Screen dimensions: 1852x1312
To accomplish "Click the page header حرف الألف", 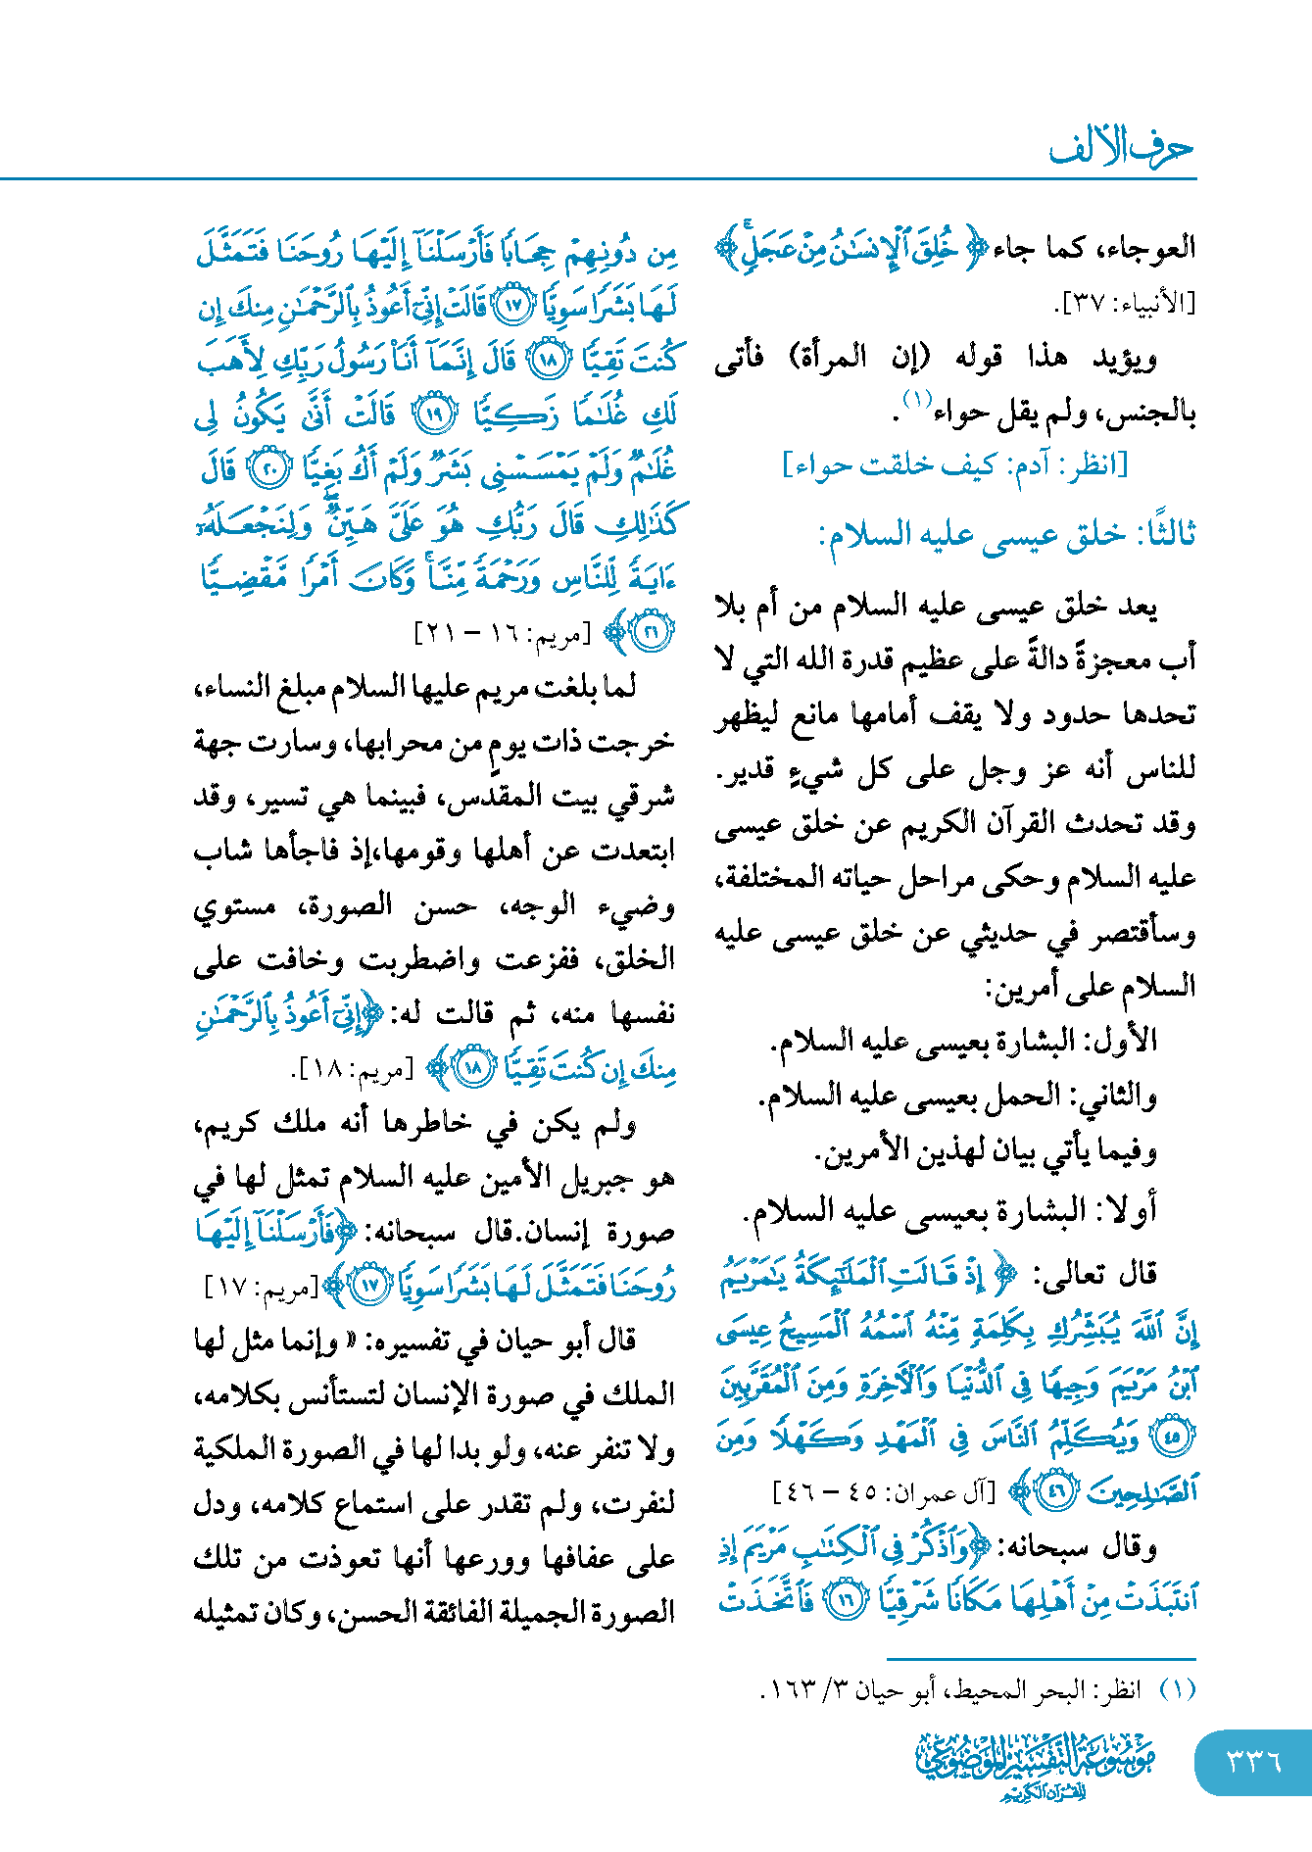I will (1121, 149).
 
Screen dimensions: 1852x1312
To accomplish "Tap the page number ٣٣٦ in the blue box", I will (1253, 1762).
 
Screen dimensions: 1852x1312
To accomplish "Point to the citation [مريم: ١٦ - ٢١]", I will (503, 633).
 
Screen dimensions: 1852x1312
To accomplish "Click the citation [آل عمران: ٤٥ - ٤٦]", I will (884, 1492).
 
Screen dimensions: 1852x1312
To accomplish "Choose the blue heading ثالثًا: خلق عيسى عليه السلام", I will (1007, 534).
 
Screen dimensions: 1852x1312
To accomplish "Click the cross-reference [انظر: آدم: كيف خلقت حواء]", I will (955, 464).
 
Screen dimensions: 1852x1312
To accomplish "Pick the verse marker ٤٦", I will (1056, 1493).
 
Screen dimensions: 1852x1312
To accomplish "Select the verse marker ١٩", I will (432, 414).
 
